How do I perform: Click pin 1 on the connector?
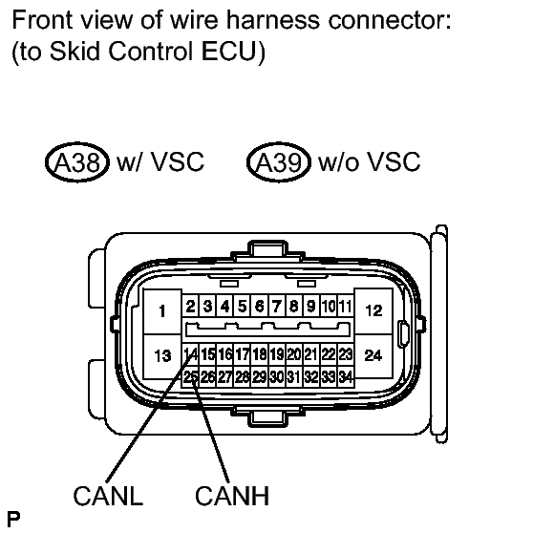point(162,311)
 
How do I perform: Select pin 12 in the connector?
point(373,310)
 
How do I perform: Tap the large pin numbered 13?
point(162,356)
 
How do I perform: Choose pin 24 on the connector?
point(373,355)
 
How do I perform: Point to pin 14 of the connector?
point(191,354)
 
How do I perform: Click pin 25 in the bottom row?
point(191,376)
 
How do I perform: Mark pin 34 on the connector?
point(346,376)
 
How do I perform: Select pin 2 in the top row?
point(191,307)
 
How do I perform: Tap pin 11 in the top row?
point(346,307)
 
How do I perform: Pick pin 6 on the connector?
point(260,307)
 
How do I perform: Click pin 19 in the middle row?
point(277,354)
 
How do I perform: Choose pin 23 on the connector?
point(346,354)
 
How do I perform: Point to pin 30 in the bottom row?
point(277,376)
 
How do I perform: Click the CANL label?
point(108,496)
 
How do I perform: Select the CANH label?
point(232,496)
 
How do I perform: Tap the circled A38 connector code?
point(77,162)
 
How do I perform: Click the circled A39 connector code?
point(279,162)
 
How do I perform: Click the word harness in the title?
point(273,20)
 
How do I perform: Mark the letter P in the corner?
point(13,519)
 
